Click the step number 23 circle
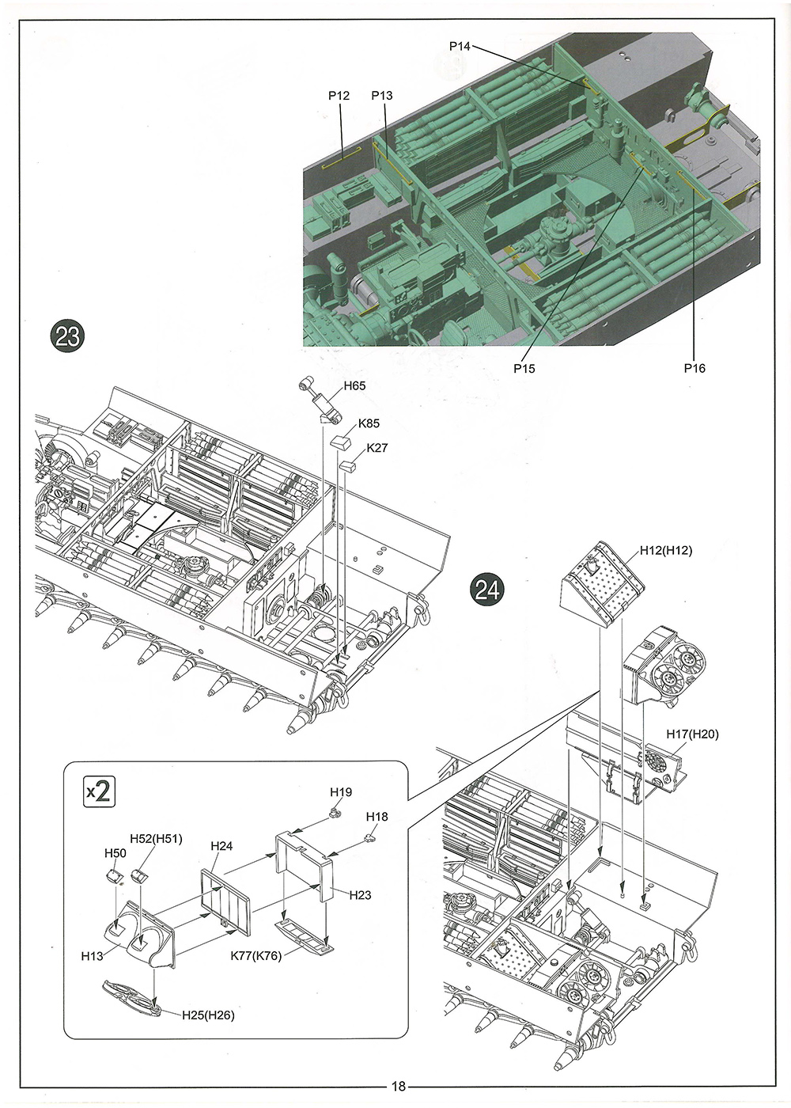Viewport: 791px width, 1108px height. pos(67,336)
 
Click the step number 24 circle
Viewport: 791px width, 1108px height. pos(487,590)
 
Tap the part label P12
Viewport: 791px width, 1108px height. pos(339,96)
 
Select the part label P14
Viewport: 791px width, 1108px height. pos(459,47)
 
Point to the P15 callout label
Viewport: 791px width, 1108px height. pos(524,368)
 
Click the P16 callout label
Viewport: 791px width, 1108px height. pos(694,368)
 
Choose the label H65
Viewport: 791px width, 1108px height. pos(354,385)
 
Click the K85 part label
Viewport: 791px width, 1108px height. pos(369,423)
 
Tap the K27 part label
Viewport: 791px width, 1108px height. pos(377,448)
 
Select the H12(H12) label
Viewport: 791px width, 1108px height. pos(665,551)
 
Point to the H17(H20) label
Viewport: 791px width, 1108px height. pos(692,734)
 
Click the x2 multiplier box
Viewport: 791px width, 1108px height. pos(100,791)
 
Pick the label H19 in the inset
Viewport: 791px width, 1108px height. pos(341,792)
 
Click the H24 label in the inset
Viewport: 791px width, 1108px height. pos(221,846)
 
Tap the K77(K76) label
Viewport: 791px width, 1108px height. pos(255,955)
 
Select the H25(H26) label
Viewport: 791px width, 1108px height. pos(208,1015)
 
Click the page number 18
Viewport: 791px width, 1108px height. pos(398,1087)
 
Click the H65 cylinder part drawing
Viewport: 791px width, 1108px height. pos(320,400)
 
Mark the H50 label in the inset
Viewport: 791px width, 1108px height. pos(115,853)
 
